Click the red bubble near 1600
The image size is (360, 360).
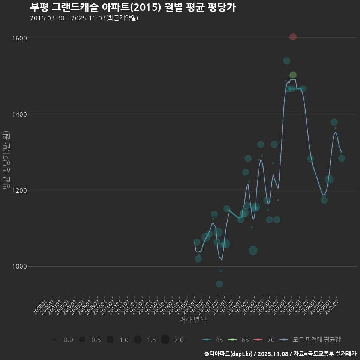(293, 37)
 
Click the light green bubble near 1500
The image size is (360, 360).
(293, 75)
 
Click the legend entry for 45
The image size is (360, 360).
(212, 340)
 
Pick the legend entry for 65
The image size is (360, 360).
(240, 340)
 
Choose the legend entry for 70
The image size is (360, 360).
(265, 340)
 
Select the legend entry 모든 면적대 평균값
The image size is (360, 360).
(311, 340)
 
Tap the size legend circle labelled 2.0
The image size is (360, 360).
(165, 340)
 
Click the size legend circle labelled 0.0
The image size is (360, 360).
(55, 340)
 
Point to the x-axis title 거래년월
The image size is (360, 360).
(193, 320)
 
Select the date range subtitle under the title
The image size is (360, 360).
(84, 18)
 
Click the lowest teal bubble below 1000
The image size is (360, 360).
(219, 284)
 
